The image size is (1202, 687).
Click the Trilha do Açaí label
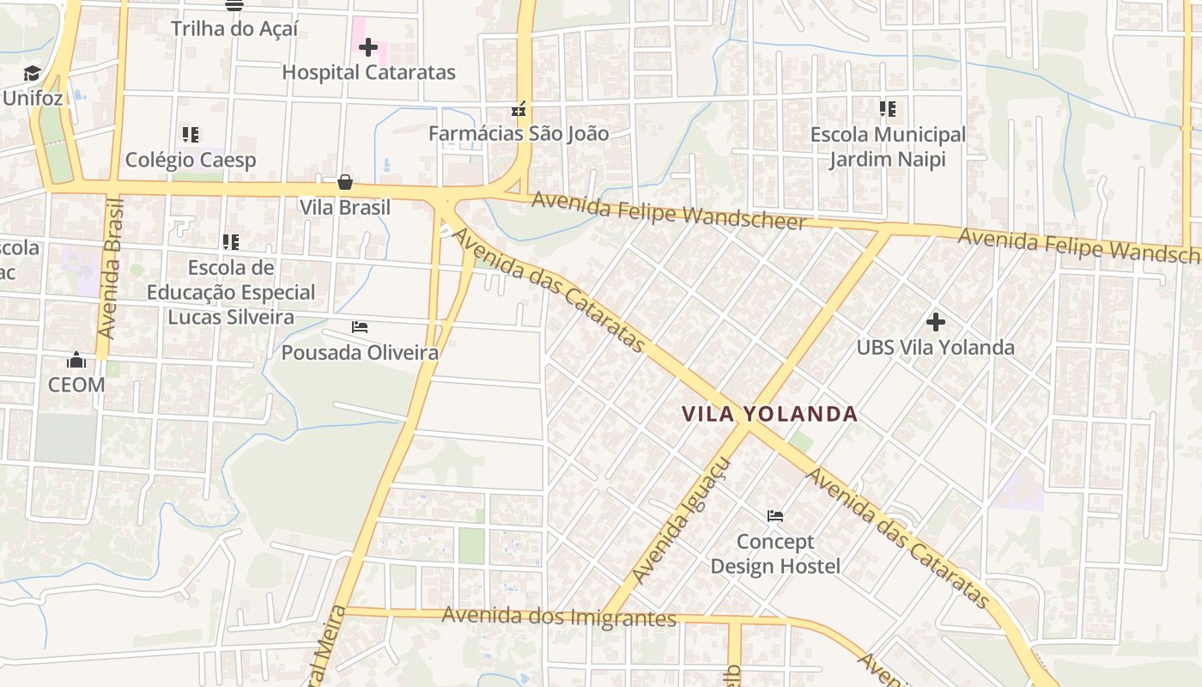(x=234, y=28)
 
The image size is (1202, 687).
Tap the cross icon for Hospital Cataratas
(x=368, y=47)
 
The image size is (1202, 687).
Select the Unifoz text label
(x=33, y=98)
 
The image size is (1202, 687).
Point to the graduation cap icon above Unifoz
(x=33, y=74)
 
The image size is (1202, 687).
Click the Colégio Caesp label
(x=191, y=160)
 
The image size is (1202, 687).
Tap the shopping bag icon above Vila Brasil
(x=344, y=182)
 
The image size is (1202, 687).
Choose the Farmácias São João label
(x=519, y=133)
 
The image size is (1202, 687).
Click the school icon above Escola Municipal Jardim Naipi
(x=888, y=109)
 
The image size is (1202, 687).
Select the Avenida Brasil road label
(x=111, y=268)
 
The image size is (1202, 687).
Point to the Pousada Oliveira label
(x=360, y=352)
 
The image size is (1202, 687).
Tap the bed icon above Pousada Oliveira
(x=360, y=327)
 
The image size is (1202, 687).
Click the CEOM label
(x=76, y=385)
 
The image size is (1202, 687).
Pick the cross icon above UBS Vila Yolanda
(x=936, y=322)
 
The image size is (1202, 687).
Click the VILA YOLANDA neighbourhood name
(x=770, y=414)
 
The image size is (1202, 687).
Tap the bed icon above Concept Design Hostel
(x=775, y=516)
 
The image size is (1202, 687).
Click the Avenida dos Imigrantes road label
(x=560, y=616)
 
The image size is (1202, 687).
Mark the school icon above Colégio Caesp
(x=191, y=135)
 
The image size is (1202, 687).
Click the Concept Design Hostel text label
(x=775, y=554)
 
